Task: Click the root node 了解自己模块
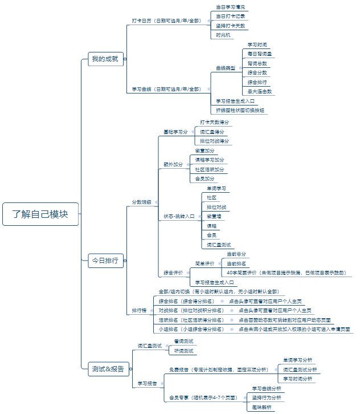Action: coord(40,214)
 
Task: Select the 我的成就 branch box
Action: coord(105,59)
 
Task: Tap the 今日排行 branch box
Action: coord(105,261)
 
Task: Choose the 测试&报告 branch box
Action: coord(108,369)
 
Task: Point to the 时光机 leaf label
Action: coord(224,35)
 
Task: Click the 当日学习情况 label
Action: coord(231,7)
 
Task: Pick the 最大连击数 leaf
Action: coord(260,91)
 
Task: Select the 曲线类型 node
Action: coord(226,68)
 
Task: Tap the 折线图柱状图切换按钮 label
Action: coord(240,110)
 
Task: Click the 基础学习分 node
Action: coord(175,132)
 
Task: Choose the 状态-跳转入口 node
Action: coord(179,216)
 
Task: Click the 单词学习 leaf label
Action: coord(216,188)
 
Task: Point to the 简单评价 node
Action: coord(204,263)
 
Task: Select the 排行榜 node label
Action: coord(140,311)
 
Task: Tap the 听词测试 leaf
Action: coord(183,351)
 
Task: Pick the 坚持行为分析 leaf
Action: coord(267,397)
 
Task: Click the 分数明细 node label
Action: coord(141,202)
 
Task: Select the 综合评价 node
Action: coord(174,273)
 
